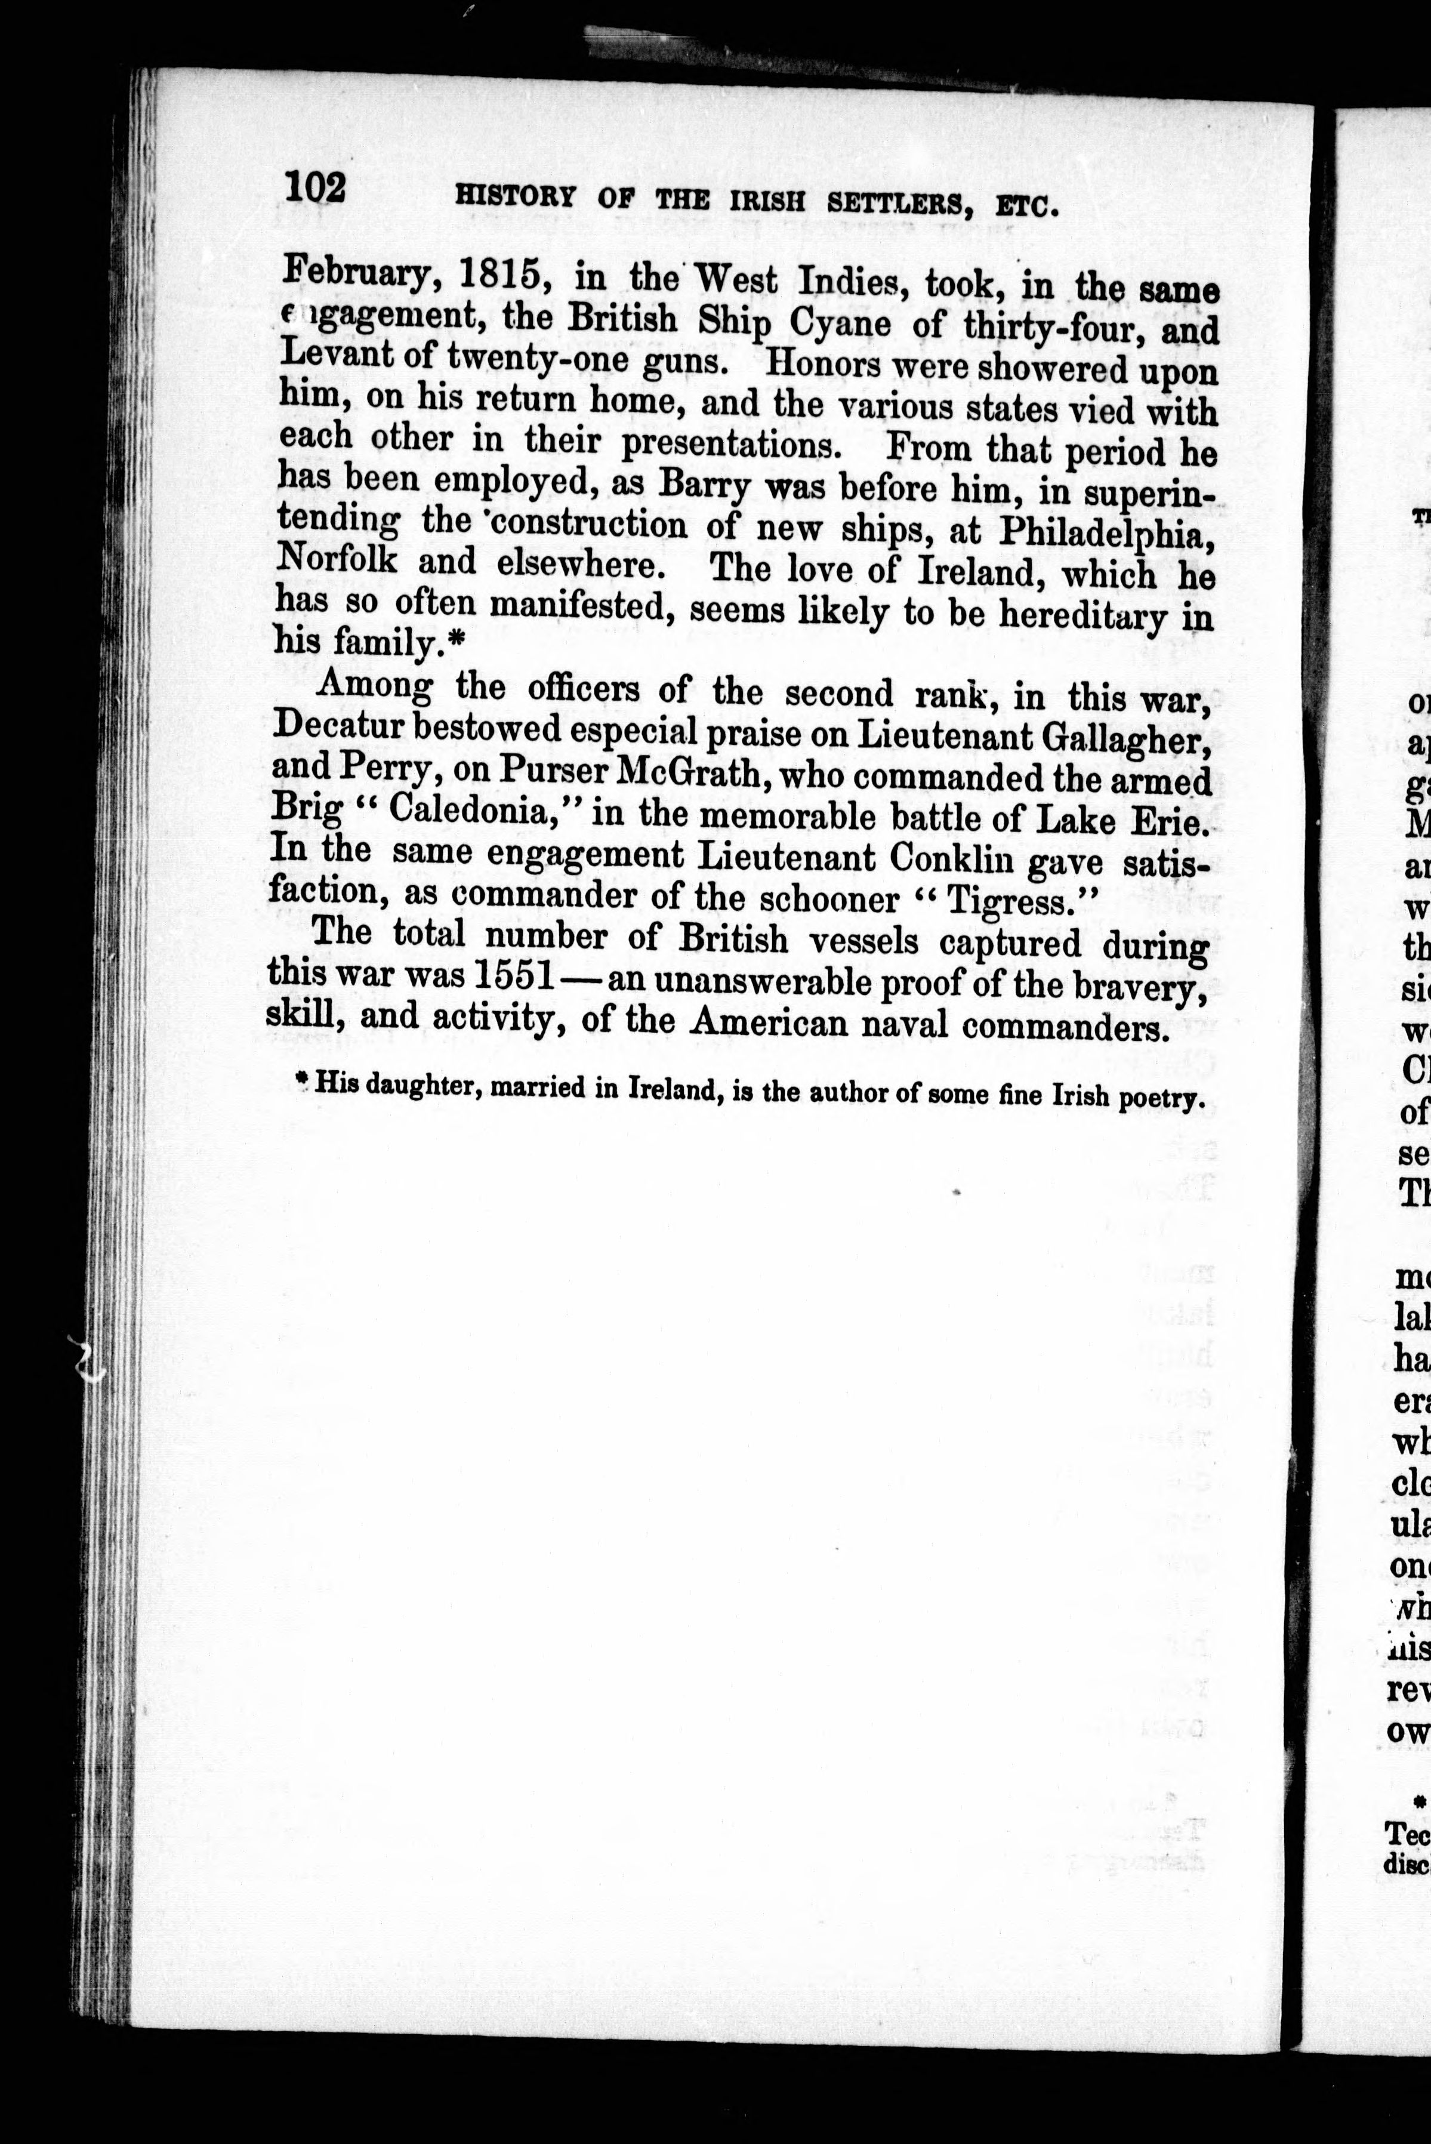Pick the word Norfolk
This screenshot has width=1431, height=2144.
337,559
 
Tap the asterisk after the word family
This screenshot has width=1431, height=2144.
457,643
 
